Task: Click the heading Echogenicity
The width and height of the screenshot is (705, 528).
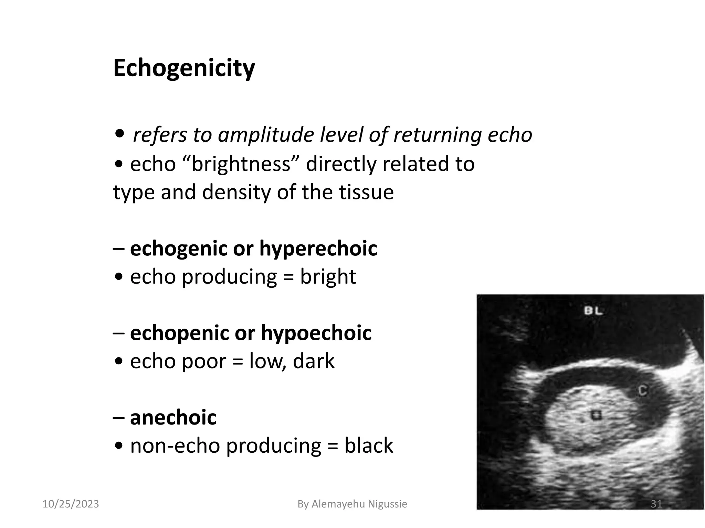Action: (x=184, y=68)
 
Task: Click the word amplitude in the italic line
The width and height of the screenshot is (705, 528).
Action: (x=265, y=135)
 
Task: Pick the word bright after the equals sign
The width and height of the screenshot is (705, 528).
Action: (x=328, y=276)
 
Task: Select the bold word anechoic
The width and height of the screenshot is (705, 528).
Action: (x=173, y=417)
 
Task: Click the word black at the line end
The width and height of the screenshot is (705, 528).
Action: (x=368, y=445)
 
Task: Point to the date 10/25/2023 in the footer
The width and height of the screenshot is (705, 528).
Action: (x=71, y=504)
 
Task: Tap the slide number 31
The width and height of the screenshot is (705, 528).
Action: (x=656, y=504)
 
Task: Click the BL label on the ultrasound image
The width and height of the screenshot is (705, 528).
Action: (x=593, y=311)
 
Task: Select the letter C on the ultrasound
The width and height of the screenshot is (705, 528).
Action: (x=642, y=391)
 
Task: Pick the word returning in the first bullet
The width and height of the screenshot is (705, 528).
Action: (x=438, y=135)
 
